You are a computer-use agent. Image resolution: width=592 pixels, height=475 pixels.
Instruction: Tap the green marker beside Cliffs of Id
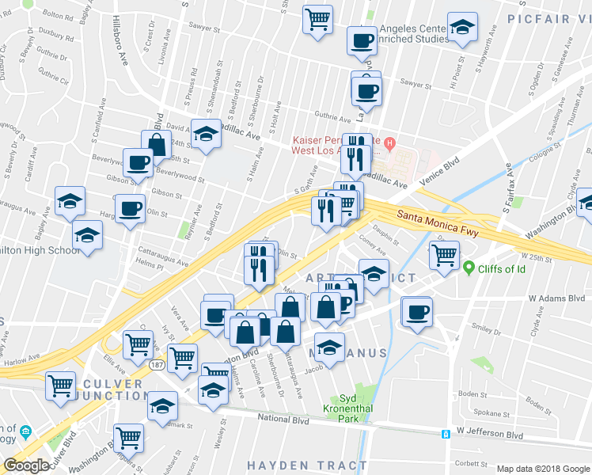tap(469, 268)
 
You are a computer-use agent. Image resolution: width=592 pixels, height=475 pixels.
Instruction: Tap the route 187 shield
tap(159, 363)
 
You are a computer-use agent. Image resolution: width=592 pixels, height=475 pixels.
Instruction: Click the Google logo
tap(26, 465)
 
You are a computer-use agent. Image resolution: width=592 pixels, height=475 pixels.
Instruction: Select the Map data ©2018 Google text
tap(543, 469)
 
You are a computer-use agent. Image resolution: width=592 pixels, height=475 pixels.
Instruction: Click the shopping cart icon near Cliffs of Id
tap(445, 254)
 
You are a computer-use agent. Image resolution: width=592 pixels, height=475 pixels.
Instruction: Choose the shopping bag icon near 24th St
tap(157, 144)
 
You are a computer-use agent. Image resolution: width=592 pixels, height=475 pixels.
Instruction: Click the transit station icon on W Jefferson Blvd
tap(447, 433)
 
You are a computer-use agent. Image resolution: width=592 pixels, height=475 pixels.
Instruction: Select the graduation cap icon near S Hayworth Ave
tap(461, 26)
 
